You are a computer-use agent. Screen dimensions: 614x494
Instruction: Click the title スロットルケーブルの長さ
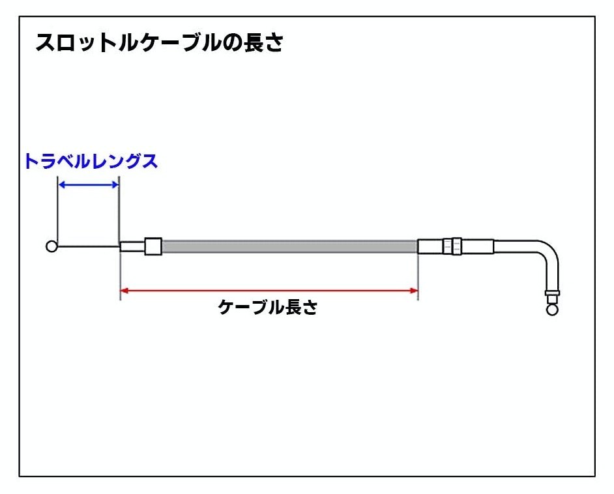160,42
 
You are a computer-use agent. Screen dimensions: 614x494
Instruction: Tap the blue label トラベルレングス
91,161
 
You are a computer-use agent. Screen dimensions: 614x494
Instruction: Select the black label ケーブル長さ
268,307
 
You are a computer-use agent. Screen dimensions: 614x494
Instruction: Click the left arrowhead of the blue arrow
61,184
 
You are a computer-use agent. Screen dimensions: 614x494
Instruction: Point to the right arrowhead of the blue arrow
115,184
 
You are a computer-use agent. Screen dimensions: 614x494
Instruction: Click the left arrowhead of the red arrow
124,291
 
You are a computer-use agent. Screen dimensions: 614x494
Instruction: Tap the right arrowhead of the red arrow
414,291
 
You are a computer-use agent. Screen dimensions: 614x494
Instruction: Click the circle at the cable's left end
51,246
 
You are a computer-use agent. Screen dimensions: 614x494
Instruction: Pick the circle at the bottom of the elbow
552,310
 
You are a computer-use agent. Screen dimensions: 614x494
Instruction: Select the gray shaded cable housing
289,246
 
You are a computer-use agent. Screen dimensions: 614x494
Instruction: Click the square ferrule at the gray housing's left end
153,246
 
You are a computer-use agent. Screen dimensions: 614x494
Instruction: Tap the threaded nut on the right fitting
452,246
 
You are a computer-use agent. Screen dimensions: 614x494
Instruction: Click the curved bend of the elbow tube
549,250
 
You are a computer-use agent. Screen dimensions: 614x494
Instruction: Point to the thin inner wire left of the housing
89,246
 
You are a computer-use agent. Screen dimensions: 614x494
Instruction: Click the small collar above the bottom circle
552,293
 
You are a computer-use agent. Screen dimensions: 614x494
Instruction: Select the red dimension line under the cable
269,291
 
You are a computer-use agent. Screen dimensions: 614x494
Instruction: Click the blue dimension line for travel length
89,184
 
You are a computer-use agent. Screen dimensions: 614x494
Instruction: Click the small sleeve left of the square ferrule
132,246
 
